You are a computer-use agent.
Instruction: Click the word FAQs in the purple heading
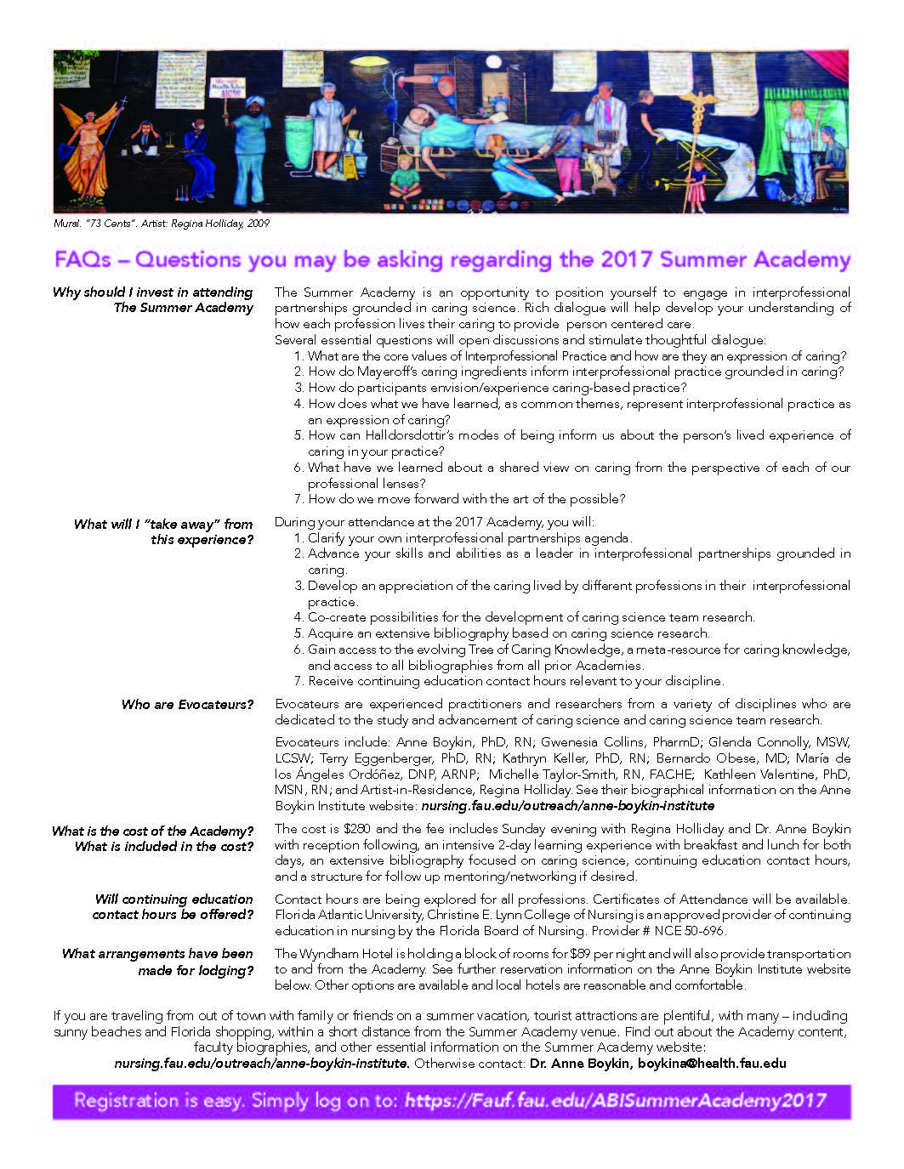tap(82, 259)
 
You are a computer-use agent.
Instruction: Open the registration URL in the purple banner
tap(615, 1101)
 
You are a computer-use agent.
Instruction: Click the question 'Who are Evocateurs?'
tap(187, 705)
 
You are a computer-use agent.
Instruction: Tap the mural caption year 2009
tap(257, 224)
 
